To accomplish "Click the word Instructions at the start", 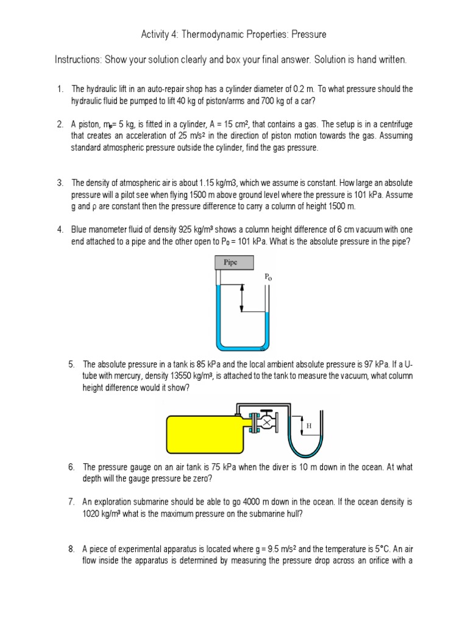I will [x=78, y=60].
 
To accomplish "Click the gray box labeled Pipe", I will [x=230, y=263].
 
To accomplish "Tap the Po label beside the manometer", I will [x=268, y=277].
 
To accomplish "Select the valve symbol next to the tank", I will [x=266, y=422].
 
